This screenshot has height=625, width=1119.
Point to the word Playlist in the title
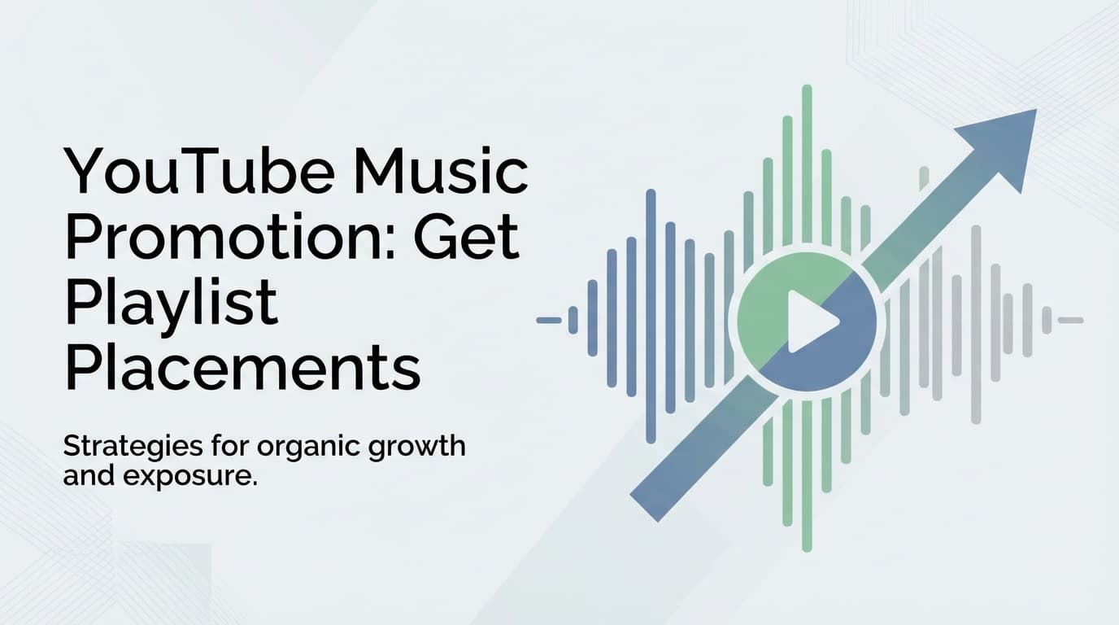[171, 304]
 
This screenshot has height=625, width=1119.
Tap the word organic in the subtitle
[306, 448]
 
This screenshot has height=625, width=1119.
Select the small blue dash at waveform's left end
[549, 320]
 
